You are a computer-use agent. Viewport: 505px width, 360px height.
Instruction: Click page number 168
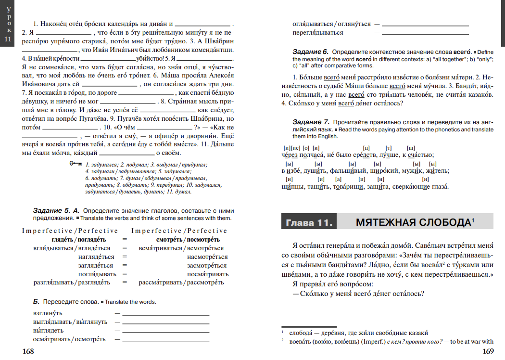pos(28,351)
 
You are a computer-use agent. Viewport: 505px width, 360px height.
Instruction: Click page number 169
pos(488,351)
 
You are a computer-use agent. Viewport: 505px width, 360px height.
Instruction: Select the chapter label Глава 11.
pos(309,223)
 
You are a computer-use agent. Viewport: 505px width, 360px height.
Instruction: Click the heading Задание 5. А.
pos(57,211)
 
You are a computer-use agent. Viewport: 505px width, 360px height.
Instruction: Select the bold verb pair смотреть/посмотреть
pos(188,239)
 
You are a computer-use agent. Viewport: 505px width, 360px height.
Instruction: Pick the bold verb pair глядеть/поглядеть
pos(79,239)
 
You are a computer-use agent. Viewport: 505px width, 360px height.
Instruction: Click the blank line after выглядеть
pos(166,332)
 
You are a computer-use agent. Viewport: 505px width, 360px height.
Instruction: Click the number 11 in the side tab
pos(7,39)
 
